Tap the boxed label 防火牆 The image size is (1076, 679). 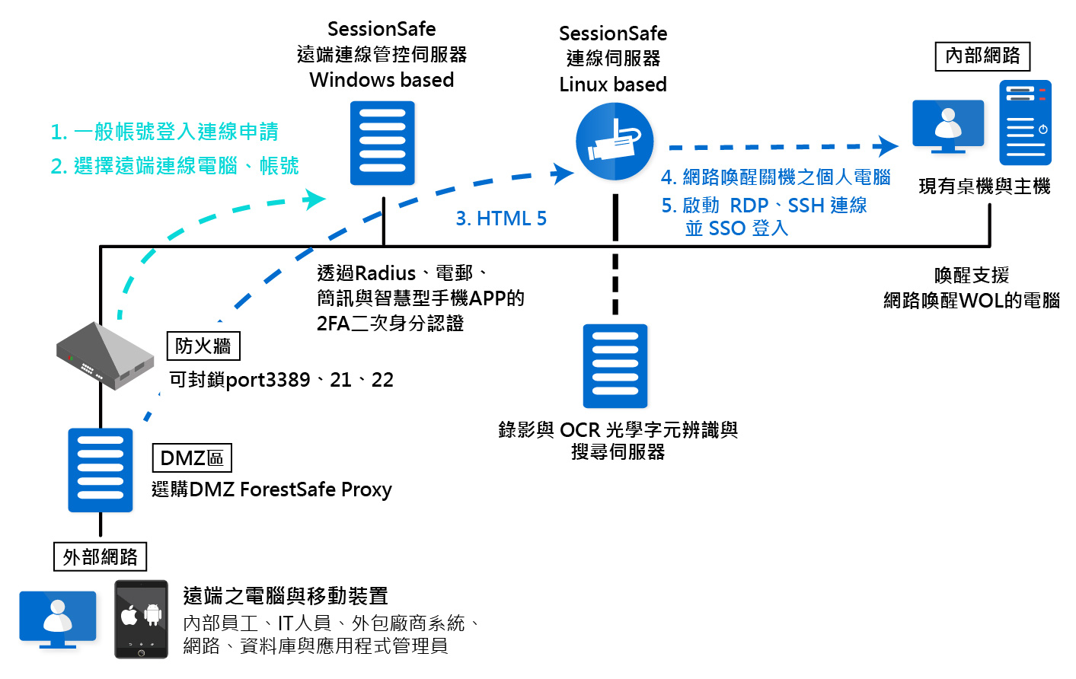point(203,346)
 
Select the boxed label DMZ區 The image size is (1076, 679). point(192,458)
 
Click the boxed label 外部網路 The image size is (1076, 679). point(100,557)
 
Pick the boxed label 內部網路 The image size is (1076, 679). point(982,56)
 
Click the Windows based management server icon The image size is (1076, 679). point(382,143)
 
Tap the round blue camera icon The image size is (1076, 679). point(615,142)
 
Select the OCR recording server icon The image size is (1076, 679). point(615,366)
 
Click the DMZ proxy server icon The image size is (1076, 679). point(101,470)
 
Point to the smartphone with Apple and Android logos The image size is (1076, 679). point(141,619)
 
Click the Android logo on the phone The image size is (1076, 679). point(153,614)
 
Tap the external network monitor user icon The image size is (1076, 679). point(58,620)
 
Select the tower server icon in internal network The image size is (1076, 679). point(1025,123)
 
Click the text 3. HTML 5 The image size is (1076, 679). point(501,219)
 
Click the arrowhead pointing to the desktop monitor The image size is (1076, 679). point(886,146)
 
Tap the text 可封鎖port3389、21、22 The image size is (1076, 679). point(281,380)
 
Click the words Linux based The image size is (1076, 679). point(613,84)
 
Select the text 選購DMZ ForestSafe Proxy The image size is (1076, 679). point(272,489)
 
